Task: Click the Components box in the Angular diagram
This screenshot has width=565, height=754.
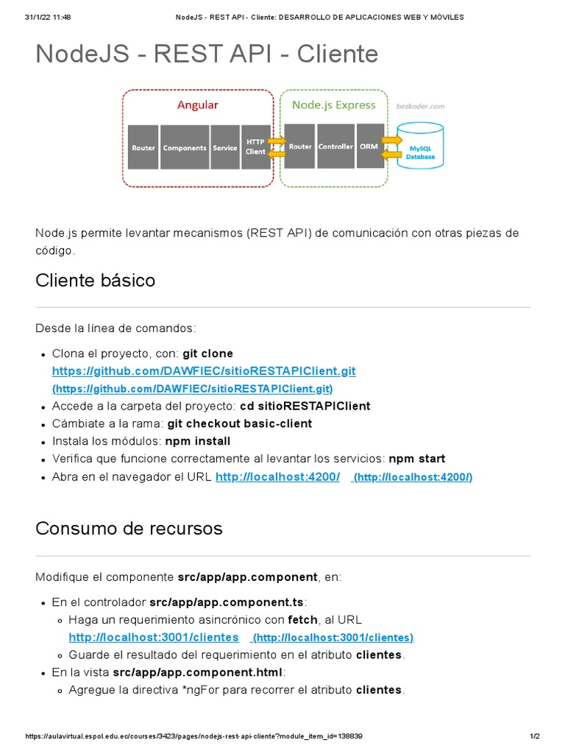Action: [185, 147]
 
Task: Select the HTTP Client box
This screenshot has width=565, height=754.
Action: [255, 147]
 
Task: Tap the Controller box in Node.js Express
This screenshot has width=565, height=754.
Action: [335, 147]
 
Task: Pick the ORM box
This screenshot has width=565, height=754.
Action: [368, 147]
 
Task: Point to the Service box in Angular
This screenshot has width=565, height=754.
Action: [225, 147]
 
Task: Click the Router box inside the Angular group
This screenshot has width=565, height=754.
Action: [143, 147]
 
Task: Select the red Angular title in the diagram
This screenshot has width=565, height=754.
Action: [197, 105]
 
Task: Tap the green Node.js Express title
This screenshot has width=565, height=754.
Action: [333, 105]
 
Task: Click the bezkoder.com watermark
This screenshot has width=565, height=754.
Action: [421, 106]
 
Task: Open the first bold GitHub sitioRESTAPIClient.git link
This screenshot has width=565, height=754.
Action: [203, 370]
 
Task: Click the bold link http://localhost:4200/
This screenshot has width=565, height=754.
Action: [277, 477]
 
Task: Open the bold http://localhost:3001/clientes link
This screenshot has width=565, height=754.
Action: [154, 637]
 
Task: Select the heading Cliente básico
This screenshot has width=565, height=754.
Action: [95, 281]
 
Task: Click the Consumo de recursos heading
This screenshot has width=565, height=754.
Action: [129, 529]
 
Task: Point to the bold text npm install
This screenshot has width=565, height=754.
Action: [197, 441]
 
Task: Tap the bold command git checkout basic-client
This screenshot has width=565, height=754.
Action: [240, 423]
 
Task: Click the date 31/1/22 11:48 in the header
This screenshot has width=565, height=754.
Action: [48, 17]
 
